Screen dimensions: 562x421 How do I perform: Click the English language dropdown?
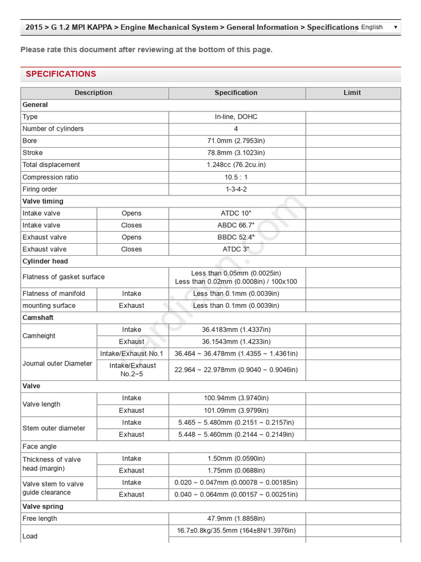coord(379,27)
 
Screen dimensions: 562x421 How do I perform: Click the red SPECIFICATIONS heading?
coord(61,74)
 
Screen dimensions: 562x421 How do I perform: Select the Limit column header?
coord(352,93)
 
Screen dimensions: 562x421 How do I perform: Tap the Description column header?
coord(94,93)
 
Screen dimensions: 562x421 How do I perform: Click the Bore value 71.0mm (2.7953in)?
coord(236,141)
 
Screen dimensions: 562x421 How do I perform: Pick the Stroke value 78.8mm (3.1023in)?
coord(236,153)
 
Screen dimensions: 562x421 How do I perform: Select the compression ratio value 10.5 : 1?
coord(236,177)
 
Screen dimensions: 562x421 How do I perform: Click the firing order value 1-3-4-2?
coord(236,189)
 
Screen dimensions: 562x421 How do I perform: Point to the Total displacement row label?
coord(51,165)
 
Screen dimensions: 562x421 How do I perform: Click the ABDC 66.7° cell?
coord(236,226)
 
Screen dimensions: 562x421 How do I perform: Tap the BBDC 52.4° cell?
coord(236,238)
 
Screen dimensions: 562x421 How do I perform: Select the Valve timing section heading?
coord(43,201)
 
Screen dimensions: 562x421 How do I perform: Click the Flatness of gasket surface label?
coord(64,277)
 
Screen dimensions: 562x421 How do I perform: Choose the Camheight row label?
coord(39,336)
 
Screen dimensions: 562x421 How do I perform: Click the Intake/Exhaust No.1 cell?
coord(132,354)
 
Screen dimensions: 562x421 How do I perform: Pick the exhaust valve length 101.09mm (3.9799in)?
coord(236,411)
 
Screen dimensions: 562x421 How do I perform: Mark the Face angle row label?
coord(39,447)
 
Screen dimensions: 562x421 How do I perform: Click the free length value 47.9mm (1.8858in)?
coord(236,519)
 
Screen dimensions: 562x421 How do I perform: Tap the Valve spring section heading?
coord(43,507)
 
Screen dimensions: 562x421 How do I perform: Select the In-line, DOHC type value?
coord(236,117)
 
